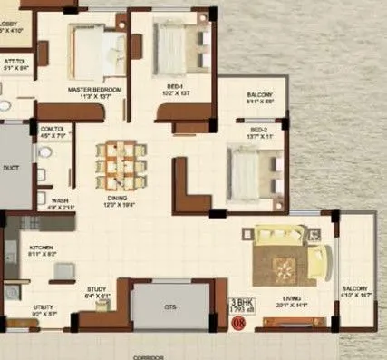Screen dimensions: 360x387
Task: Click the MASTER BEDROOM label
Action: pos(94,91)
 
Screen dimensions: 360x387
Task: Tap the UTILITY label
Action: pos(44,308)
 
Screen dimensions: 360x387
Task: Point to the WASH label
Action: pos(60,201)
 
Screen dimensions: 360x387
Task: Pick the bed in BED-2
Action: pos(251,169)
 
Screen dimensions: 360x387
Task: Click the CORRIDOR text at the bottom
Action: pos(146,356)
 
